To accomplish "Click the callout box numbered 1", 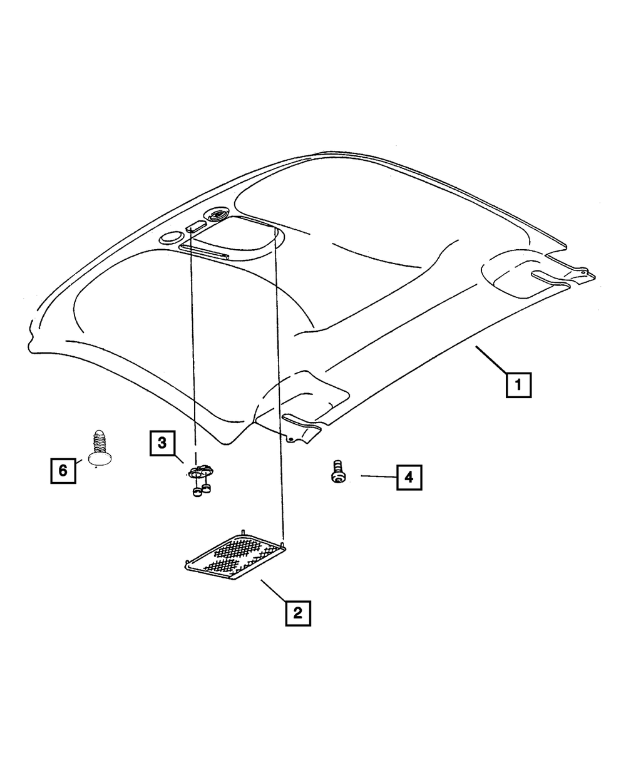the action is pyautogui.click(x=519, y=386).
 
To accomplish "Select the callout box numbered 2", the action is pyautogui.click(x=297, y=613).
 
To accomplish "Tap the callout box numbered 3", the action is pyautogui.click(x=162, y=444).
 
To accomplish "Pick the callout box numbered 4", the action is pyautogui.click(x=408, y=478).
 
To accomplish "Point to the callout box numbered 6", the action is pyautogui.click(x=63, y=470).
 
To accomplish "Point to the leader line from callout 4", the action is pyautogui.click(x=377, y=477).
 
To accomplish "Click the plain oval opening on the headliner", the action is pyautogui.click(x=170, y=238).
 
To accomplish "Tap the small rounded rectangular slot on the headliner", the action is pyautogui.click(x=194, y=227).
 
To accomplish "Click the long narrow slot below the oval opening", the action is pyautogui.click(x=204, y=251).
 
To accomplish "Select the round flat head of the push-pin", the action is pyautogui.click(x=100, y=458).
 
